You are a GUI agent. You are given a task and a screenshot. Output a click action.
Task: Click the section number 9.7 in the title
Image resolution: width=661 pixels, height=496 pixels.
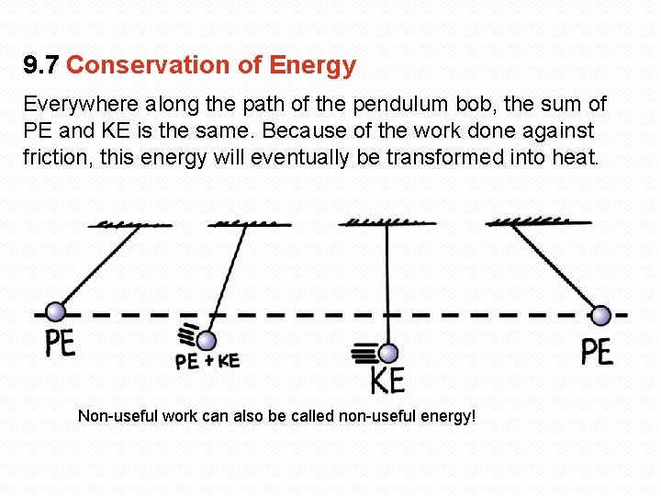41,66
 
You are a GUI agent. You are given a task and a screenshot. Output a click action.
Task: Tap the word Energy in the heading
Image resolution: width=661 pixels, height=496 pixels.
312,66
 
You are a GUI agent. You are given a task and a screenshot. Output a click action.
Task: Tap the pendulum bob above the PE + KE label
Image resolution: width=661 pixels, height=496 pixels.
207,341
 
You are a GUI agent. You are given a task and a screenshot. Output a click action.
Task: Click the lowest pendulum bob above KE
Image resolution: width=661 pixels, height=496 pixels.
388,354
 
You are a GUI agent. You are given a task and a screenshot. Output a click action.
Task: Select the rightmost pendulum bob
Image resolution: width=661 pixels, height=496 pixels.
600,315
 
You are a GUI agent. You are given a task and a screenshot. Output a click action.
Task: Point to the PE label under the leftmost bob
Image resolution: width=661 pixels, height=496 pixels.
61,344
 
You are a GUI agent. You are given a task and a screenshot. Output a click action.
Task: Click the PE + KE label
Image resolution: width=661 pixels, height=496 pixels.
207,361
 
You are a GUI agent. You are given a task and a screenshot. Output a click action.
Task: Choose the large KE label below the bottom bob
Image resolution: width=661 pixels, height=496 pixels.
387,379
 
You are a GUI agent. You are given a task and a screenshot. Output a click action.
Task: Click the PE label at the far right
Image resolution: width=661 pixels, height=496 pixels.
597,352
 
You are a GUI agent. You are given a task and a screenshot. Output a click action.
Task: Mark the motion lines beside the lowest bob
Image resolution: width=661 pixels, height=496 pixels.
364,352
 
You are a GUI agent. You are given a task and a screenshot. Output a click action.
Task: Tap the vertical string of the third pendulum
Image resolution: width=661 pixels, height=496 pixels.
387,285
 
